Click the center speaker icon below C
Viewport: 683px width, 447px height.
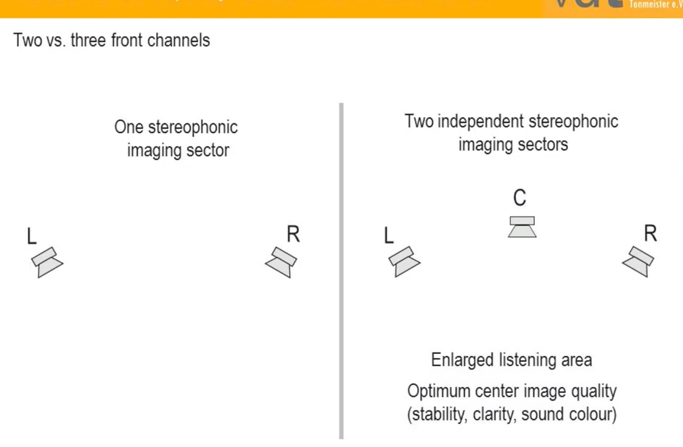click(x=522, y=227)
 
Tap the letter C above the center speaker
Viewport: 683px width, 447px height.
click(x=519, y=198)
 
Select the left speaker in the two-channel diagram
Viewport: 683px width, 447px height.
click(x=48, y=262)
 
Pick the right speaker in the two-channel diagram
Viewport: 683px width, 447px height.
click(x=281, y=262)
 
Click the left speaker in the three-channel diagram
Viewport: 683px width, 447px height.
click(x=405, y=261)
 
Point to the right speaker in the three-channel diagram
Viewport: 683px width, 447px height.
click(x=638, y=261)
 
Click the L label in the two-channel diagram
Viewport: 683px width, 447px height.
click(x=31, y=236)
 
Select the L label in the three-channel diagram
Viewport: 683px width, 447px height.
click(x=389, y=235)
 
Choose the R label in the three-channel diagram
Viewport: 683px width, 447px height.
click(x=650, y=234)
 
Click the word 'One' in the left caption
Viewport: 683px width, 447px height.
click(x=129, y=128)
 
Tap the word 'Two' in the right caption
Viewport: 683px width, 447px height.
click(x=418, y=121)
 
